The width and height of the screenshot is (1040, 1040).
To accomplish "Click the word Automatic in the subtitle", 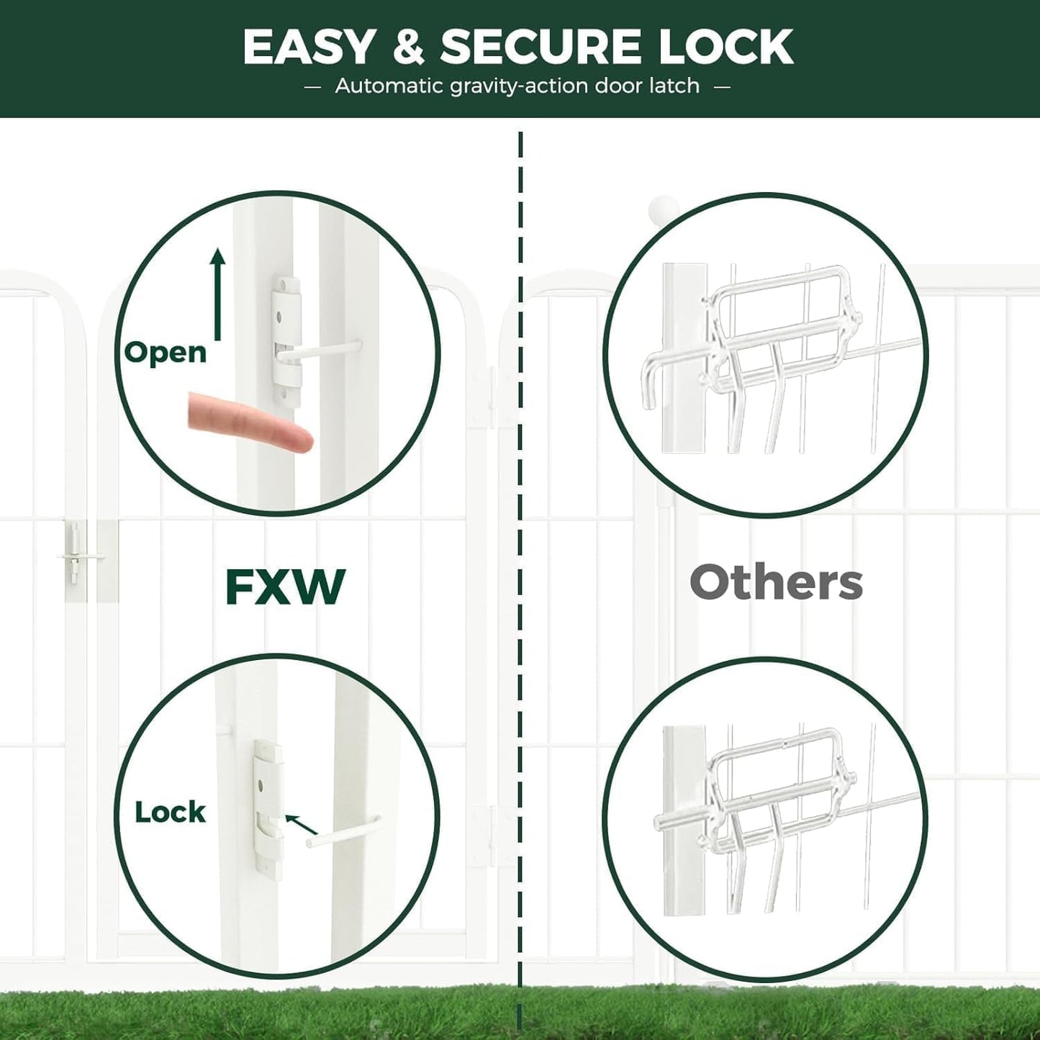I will coord(388,86).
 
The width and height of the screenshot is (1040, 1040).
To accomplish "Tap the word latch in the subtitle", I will coord(672,86).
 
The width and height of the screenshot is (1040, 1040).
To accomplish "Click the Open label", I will coord(166,352).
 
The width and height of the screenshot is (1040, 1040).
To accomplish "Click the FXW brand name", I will coord(285,587).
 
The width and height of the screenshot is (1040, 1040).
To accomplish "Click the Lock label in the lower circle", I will coord(170,812).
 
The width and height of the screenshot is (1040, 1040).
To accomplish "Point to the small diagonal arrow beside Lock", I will coord(301,824).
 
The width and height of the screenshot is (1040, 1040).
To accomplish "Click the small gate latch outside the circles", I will coord(75,553).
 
